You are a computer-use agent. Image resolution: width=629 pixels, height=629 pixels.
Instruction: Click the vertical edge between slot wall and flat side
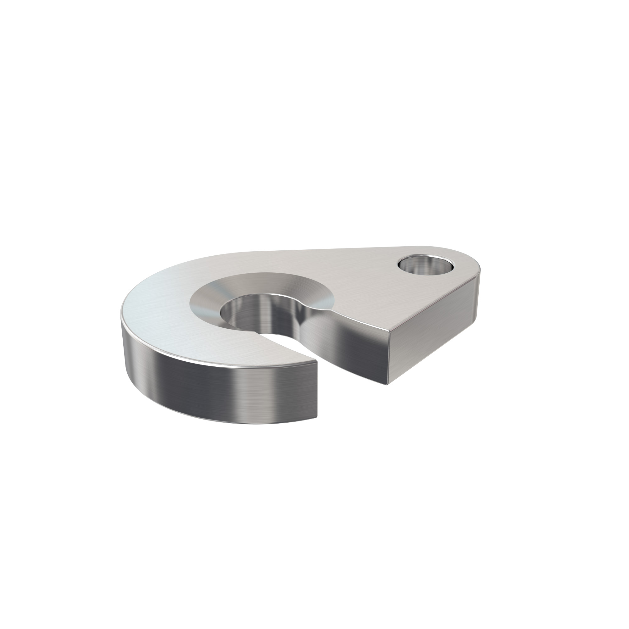click(388, 358)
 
